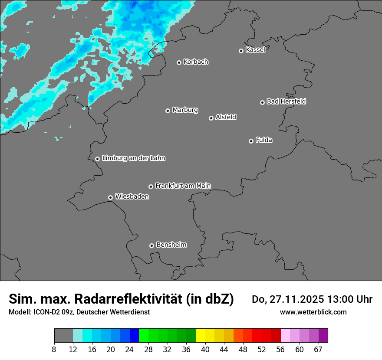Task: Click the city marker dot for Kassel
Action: [241, 51]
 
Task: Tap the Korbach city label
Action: [196, 62]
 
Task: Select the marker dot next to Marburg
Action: [168, 111]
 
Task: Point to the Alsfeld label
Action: [226, 117]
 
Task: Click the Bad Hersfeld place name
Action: [286, 101]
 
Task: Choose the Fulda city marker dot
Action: [251, 141]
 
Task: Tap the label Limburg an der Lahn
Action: [133, 158]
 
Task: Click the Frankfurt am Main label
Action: [183, 186]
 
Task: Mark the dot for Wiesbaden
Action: [110, 197]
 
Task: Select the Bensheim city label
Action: [171, 245]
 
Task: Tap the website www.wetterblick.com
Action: [313, 312]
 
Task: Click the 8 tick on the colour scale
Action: [54, 349]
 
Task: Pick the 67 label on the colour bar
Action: [318, 349]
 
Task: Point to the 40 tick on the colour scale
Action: [205, 349]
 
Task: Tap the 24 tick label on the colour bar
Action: [130, 349]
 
